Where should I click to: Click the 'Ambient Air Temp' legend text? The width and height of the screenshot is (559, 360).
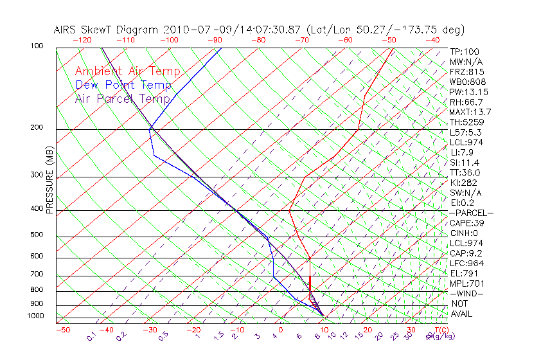coord(127,72)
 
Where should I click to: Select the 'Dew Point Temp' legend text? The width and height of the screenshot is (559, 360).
coord(123,85)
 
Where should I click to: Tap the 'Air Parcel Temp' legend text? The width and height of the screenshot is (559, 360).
coord(122,99)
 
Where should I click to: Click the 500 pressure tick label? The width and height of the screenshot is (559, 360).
coord(37,235)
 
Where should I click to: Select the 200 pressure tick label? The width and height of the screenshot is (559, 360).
coord(37,128)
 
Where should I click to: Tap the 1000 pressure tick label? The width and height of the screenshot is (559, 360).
coord(35,316)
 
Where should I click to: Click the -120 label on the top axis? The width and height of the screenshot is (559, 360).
coord(82,40)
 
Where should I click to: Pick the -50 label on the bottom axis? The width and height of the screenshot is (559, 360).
coord(62,330)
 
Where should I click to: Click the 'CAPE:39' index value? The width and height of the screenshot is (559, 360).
coord(467,223)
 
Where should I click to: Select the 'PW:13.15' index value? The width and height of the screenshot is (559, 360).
coord(468,92)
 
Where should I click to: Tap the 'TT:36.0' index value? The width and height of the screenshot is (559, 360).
coord(466,173)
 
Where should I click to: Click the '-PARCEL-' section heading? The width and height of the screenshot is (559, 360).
coord(471,213)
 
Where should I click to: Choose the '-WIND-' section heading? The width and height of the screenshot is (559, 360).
coord(466,294)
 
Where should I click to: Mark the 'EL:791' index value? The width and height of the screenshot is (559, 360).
coord(463,273)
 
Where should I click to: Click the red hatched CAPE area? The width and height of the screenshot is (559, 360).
coord(312,298)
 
